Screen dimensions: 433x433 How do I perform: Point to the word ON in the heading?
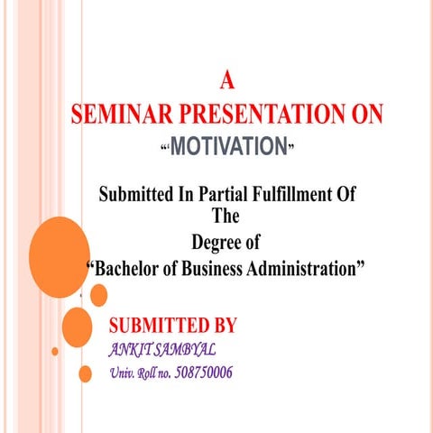pos(364,115)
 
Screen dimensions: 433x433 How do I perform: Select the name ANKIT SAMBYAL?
pos(161,349)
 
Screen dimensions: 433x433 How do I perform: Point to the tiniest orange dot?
pos(55,351)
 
